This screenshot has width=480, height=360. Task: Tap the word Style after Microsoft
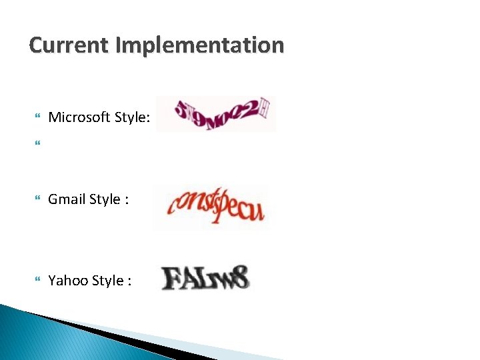point(133,118)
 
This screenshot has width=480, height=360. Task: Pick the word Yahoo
point(67,281)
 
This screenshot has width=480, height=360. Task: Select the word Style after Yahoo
point(107,281)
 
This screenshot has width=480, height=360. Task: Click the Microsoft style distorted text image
point(216,114)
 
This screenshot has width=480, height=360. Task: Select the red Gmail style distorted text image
point(211,207)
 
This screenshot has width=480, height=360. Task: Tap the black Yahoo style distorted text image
point(205,277)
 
